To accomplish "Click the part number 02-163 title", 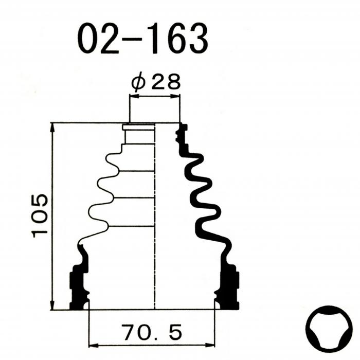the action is coord(142,38).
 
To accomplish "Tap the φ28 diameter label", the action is coord(156,81).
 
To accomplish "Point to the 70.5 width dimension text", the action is coord(153,332).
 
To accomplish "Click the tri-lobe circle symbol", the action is coord(329,329).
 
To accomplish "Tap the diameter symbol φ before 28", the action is coord(138,82).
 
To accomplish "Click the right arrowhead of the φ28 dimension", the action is coord(175,97).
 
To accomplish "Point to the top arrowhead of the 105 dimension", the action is coord(53,128).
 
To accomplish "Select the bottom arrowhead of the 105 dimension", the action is coord(53,305).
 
